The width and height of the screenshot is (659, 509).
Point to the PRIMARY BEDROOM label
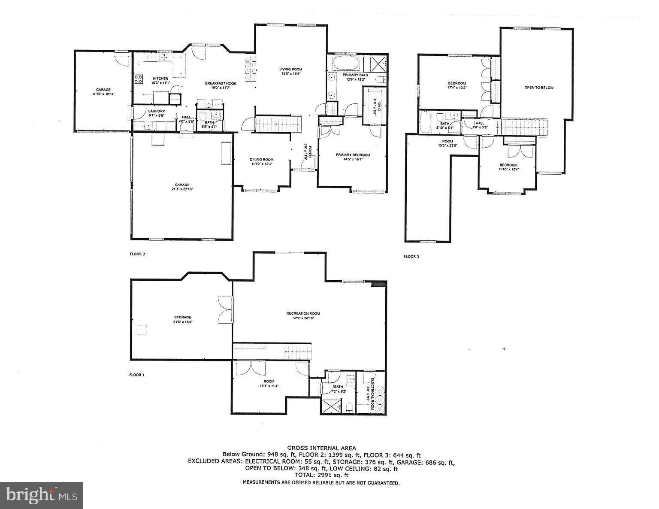coord(353,155)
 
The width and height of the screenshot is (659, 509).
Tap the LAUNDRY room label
coord(156,111)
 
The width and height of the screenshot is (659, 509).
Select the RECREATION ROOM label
coord(303,313)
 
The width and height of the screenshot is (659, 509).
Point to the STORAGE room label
coord(182,317)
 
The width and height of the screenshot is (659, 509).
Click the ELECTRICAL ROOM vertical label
coord(372,393)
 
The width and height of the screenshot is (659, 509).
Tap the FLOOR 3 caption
coord(411,257)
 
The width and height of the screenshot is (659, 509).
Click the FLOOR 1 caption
coord(137,375)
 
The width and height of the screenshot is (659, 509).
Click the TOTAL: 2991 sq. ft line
coord(321,475)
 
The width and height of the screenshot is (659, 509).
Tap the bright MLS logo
coord(41,495)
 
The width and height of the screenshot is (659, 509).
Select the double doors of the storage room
coord(225,309)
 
